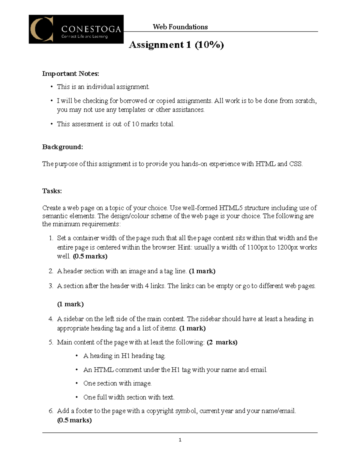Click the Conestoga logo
pos(76,29)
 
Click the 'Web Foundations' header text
pos(180,27)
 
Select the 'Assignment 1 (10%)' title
pos(176,45)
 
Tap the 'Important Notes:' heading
pos(70,74)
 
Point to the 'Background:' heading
pos(62,147)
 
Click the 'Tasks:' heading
pos(52,191)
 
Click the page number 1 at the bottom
pos(180,440)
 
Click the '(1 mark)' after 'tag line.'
pos(202,271)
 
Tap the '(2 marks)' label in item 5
pos(222,342)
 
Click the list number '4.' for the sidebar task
pos(51,319)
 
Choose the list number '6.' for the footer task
pos(51,411)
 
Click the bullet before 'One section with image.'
pos(77,383)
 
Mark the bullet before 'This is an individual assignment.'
pos(51,87)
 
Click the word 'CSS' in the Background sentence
pos(295,164)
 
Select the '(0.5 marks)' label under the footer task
pos(74,420)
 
